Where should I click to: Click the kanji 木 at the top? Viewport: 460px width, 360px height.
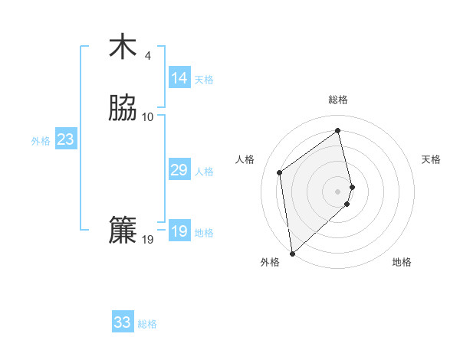coord(122,47)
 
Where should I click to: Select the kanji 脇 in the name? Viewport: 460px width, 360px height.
coord(122,108)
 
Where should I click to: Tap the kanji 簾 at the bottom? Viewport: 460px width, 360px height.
coord(122,231)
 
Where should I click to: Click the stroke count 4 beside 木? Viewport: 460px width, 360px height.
coord(148,56)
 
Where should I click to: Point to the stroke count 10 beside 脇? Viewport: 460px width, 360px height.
coord(148,117)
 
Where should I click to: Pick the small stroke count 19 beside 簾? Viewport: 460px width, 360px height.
coord(148,240)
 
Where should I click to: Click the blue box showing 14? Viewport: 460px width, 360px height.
coord(179,78)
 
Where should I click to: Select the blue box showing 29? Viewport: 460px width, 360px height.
coord(179,170)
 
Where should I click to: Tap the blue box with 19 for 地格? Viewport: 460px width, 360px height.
coord(179,231)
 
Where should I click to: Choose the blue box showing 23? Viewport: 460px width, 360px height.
coord(65,139)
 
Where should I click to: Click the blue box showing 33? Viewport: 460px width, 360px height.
coord(123,322)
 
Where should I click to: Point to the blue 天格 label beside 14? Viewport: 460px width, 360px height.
coord(204,80)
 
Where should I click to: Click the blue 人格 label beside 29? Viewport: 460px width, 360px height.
coord(204,172)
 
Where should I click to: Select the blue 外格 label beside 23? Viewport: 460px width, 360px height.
coord(41,141)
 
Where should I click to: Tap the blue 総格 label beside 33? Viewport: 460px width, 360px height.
coord(147,324)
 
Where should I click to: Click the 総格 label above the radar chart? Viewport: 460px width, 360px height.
coord(338,100)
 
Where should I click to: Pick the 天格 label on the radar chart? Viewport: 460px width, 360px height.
coord(431,159)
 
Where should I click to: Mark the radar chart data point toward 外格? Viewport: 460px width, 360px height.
coord(292,253)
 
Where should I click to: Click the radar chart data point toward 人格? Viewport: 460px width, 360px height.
coord(280,172)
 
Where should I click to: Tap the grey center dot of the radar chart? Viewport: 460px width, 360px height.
coord(338,191)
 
